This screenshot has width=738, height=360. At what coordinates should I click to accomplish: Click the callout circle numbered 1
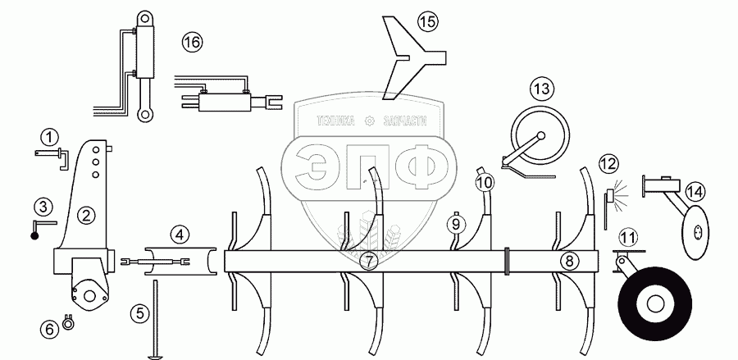tap(51, 135)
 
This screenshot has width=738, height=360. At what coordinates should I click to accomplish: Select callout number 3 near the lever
tap(43, 204)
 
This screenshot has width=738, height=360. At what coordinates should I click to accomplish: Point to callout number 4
tap(179, 233)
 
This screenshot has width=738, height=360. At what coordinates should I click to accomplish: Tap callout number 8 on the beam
tap(568, 262)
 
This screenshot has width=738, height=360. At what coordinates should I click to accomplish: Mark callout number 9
tap(458, 221)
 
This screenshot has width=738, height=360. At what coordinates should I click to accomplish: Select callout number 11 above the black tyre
tap(628, 238)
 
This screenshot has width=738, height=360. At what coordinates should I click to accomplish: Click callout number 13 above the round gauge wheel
tap(541, 89)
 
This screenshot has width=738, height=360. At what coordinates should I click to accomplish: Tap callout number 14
tap(695, 191)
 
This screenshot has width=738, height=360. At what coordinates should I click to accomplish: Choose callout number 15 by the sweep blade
tap(428, 22)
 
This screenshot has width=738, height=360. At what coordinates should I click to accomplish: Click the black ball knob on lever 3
tap(36, 235)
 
